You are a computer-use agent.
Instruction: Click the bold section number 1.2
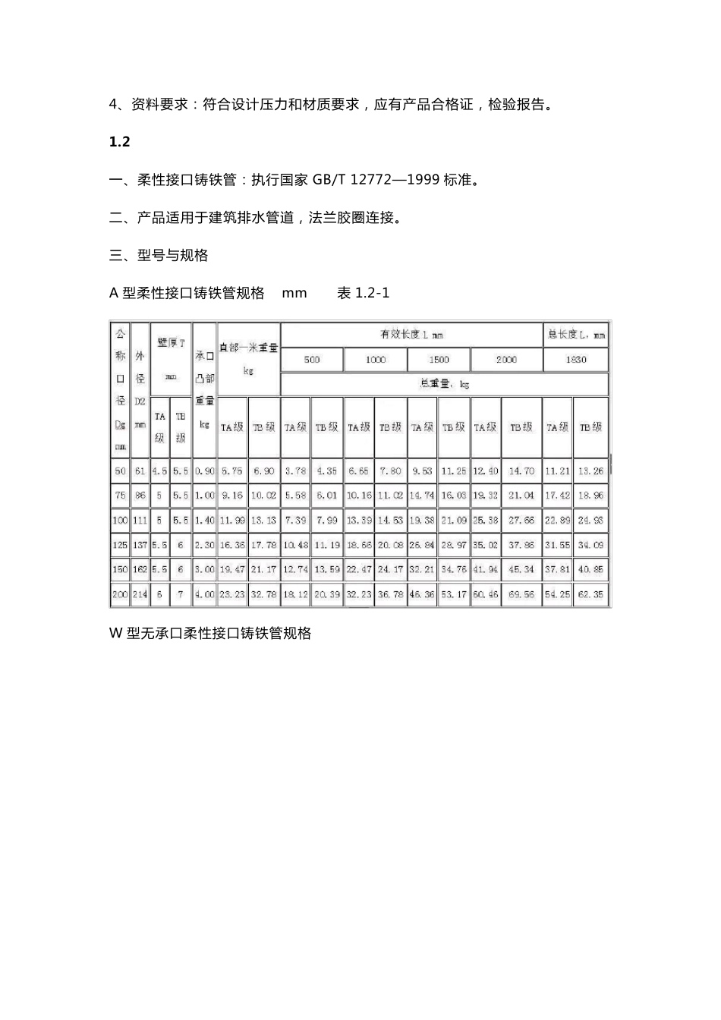tap(120, 142)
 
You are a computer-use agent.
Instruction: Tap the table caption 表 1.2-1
tap(363, 293)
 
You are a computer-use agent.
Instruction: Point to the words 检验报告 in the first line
tap(515, 105)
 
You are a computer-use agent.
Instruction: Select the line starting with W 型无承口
tap(210, 633)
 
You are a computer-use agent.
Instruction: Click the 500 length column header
tap(312, 360)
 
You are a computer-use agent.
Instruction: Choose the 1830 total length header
tap(576, 360)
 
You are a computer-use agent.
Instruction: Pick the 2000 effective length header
tap(506, 360)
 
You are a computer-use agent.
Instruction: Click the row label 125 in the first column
tap(120, 545)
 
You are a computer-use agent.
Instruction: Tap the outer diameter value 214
tap(140, 595)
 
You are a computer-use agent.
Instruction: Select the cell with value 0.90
tap(204, 471)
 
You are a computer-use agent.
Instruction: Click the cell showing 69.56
tap(521, 595)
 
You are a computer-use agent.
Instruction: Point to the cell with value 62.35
tap(590, 595)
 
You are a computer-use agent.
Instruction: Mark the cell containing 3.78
tap(295, 471)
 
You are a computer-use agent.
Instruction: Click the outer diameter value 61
tap(140, 471)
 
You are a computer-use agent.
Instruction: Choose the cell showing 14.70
tap(521, 471)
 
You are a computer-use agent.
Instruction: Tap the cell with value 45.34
tap(521, 570)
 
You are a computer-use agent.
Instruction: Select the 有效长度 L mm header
tap(411, 335)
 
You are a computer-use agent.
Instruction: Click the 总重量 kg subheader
tap(445, 384)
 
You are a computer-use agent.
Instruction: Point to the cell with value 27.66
tap(521, 521)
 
